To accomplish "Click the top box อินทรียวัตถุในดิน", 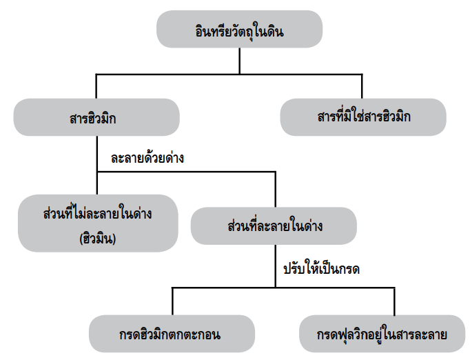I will pyautogui.click(x=240, y=31).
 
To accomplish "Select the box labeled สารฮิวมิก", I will pyautogui.click(x=96, y=117).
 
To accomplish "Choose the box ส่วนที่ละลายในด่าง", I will pyautogui.click(x=274, y=226).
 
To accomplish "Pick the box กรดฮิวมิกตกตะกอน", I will pyautogui.click(x=172, y=334).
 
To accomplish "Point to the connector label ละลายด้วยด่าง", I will pyautogui.click(x=147, y=157).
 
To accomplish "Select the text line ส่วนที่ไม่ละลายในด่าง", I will pyautogui.click(x=96, y=214).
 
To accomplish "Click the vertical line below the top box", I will pyautogui.click(x=240, y=61).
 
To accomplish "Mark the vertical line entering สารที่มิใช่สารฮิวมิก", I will pyautogui.click(x=362, y=86).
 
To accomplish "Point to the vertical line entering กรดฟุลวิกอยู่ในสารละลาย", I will pyautogui.click(x=394, y=302).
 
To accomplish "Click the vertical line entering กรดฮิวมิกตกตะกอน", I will pyautogui.click(x=172, y=302).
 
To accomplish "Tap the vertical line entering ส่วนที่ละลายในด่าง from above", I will pyautogui.click(x=275, y=190).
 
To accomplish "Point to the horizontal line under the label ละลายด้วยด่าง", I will pyautogui.click(x=186, y=172).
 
